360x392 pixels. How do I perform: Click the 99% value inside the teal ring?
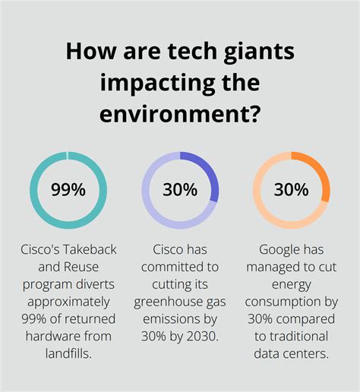(x=68, y=189)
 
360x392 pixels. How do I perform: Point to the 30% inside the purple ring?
(x=180, y=189)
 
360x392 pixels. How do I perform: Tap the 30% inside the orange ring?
(x=291, y=189)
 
